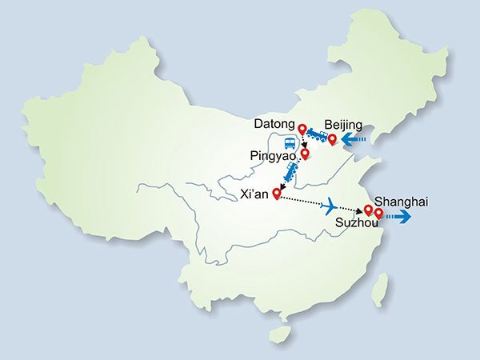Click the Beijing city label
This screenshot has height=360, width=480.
pos(344,126)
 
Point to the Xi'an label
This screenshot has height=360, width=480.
pos(256,193)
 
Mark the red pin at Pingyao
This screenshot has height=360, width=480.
pos(305,151)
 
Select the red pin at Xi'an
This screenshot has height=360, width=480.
pos(278,192)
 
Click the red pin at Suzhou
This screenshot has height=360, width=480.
pos(368,210)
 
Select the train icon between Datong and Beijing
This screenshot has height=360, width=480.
pos(317,137)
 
